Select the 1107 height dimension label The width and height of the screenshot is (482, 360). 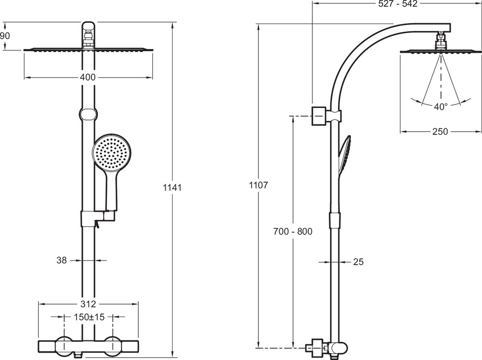click(x=258, y=184)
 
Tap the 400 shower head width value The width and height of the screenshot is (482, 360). click(x=88, y=78)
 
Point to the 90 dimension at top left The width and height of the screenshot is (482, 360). click(x=5, y=36)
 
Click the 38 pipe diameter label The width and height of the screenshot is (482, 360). click(x=61, y=260)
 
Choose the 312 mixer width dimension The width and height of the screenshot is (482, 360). click(x=88, y=304)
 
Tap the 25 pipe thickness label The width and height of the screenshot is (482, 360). click(x=358, y=262)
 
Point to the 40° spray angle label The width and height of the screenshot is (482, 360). click(x=440, y=107)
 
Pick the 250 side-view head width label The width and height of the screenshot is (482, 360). click(x=440, y=131)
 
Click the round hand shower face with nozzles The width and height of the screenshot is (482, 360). click(x=112, y=153)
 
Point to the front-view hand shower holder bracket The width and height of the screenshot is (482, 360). click(x=96, y=218)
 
